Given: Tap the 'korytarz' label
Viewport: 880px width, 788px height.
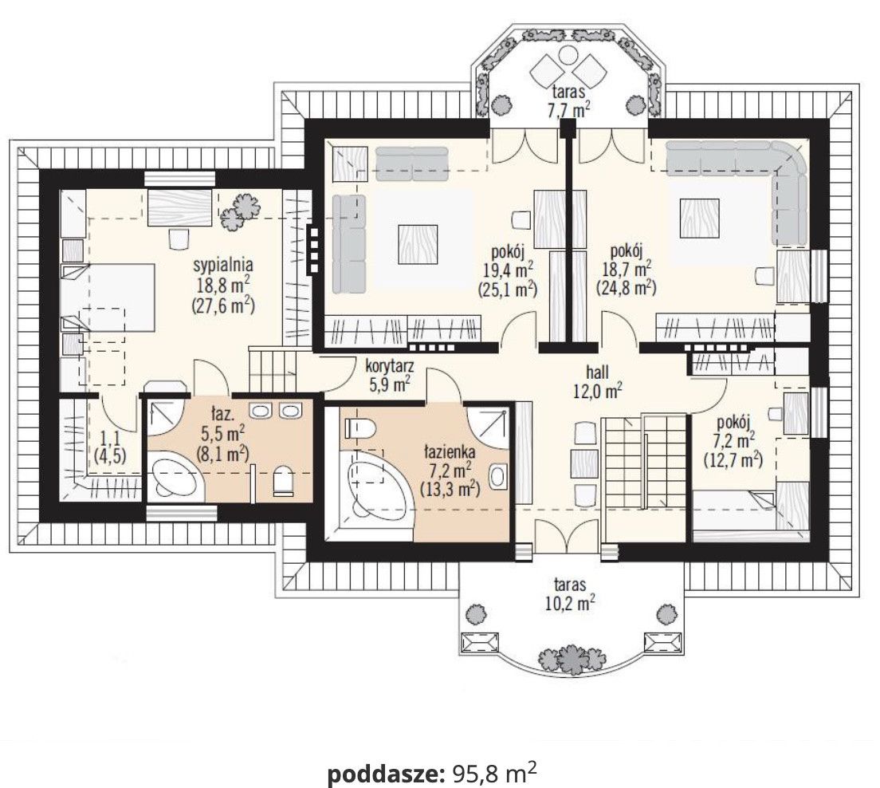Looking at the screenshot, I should point(388,367).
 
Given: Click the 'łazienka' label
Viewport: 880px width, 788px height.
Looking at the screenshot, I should point(451,451).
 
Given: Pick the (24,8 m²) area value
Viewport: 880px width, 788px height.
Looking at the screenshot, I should point(626,288).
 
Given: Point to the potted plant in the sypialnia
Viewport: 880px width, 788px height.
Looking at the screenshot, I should point(241,210).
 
